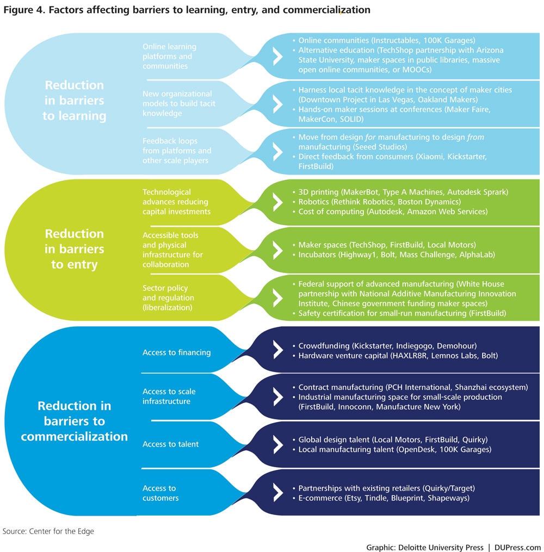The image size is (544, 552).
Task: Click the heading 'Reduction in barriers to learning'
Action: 75,101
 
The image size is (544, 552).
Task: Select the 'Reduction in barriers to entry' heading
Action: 75,249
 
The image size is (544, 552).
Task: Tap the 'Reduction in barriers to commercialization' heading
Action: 75,421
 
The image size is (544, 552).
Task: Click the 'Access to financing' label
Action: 176,352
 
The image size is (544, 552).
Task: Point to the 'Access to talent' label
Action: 170,444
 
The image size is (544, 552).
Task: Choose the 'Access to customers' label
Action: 160,493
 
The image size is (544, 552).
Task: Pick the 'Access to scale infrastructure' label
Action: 169,396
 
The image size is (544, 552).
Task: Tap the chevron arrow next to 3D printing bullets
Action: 277,201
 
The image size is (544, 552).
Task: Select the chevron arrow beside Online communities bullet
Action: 277,55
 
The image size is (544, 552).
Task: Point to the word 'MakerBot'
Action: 369,192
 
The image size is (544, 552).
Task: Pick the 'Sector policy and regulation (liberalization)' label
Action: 169,298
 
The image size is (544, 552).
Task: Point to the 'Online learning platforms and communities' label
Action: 169,56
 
